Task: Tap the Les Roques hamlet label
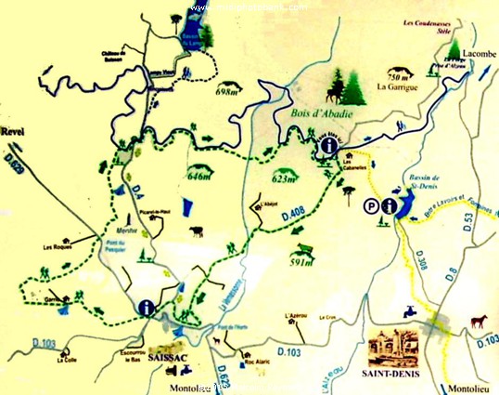58,247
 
